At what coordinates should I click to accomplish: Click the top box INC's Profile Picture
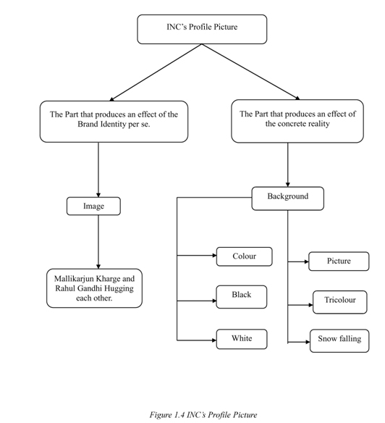(202, 29)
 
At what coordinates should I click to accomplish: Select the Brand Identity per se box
(114, 122)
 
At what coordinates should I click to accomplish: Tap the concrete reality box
(297, 121)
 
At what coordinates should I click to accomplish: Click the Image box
(93, 206)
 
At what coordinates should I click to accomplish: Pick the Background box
(288, 198)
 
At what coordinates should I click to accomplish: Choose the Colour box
(245, 256)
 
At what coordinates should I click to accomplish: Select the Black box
(242, 297)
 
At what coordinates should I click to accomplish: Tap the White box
(242, 339)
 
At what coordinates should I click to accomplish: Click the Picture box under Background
(339, 261)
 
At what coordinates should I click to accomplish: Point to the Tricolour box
(340, 302)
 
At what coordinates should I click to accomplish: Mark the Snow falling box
(339, 340)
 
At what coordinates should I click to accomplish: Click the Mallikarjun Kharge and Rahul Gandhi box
(94, 288)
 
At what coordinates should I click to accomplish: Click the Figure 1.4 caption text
(203, 414)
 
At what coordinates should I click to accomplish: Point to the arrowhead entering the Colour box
(215, 255)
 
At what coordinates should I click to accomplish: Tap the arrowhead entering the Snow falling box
(308, 342)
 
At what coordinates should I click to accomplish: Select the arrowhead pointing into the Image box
(98, 195)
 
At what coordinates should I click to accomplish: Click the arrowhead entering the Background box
(288, 185)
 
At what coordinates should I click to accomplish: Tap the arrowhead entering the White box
(214, 340)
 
